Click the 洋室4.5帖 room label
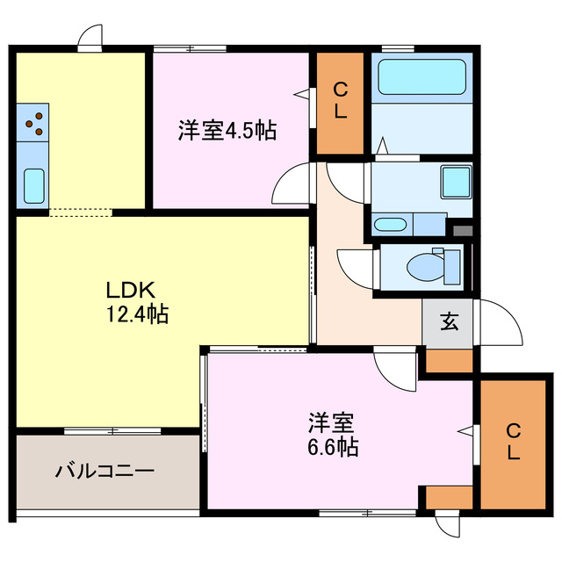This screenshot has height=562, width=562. pos(227,132)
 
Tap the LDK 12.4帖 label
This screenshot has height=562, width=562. pos(133,301)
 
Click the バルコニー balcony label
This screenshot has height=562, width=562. pos(105,470)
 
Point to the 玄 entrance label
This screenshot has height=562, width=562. pos(448,322)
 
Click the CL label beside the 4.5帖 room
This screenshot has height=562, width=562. pos(340,102)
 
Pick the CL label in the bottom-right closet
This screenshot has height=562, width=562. pos(514,443)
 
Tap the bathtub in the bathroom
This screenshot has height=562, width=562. pos(421,77)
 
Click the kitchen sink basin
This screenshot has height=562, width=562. pos(34,185)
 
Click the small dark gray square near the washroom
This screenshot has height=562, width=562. pos(462,231)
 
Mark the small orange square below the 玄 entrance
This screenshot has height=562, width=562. pos(449,360)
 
